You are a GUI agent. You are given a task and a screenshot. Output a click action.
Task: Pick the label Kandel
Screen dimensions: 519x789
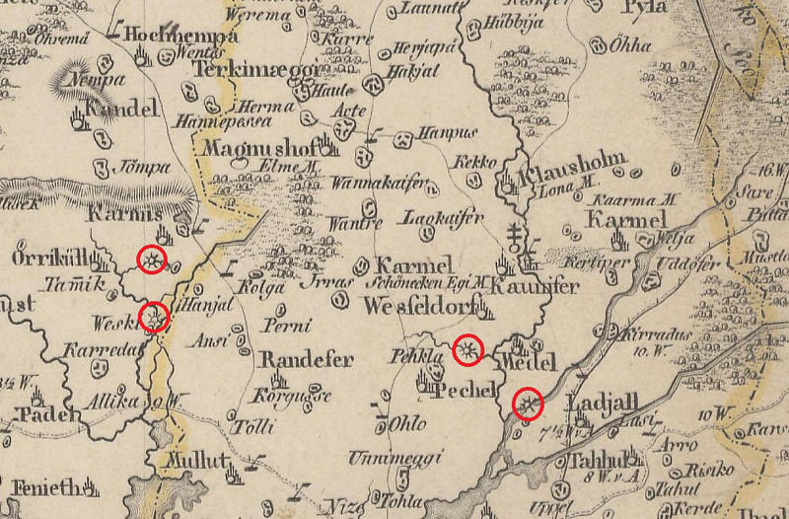[x=121, y=110]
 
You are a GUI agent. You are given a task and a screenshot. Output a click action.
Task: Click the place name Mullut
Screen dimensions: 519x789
[x=197, y=461]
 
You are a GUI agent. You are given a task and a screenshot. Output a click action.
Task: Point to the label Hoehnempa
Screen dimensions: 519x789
[x=183, y=37]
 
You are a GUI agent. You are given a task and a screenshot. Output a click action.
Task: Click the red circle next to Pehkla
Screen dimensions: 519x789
[x=468, y=349]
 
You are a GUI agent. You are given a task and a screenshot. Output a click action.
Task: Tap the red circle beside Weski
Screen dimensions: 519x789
[x=155, y=317]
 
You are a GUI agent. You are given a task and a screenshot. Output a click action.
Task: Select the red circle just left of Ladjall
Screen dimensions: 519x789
[x=530, y=404]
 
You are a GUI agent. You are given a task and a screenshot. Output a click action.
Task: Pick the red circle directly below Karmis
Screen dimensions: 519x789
[x=151, y=259]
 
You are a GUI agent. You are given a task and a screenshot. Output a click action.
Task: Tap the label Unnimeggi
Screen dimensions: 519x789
[x=385, y=459]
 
